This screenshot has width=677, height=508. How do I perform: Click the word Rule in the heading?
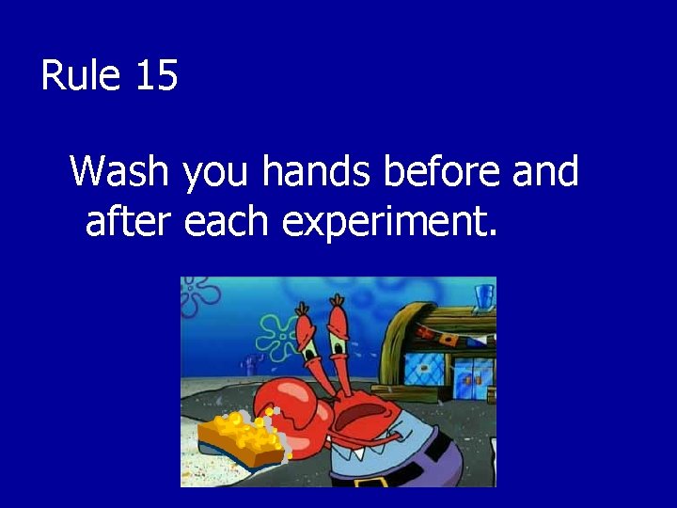(x=81, y=75)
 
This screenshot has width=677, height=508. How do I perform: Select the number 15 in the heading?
(x=156, y=75)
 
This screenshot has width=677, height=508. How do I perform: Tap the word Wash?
(x=119, y=172)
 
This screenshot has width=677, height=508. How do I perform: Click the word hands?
(x=317, y=172)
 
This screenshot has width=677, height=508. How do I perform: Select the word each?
(x=228, y=222)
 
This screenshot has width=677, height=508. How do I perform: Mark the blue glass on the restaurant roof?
(x=484, y=297)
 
